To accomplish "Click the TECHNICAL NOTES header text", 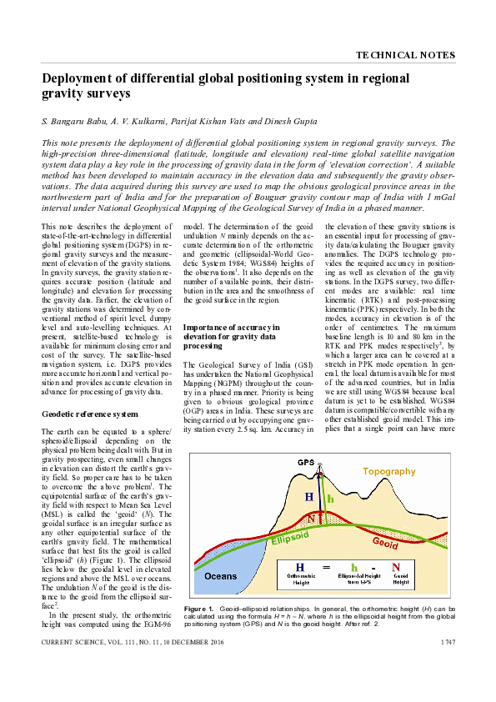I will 405,55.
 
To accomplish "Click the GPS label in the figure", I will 306,462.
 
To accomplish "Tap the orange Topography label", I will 388,471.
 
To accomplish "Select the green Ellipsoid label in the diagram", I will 288,539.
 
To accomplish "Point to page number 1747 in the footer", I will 445,642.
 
